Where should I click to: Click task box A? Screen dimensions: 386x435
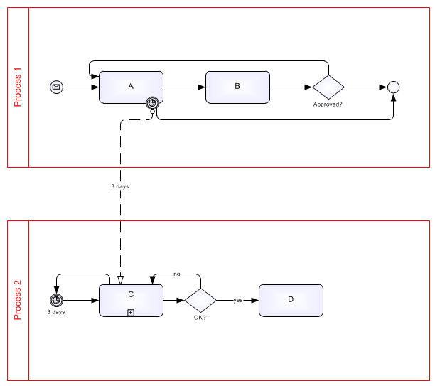[x=131, y=87]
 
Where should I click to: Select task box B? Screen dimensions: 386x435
[x=237, y=87]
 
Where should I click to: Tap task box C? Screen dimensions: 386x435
[x=131, y=299]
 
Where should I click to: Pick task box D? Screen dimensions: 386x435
[x=291, y=300]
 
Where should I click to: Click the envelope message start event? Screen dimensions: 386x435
[x=57, y=87]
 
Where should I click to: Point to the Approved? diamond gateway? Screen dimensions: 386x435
[x=328, y=87]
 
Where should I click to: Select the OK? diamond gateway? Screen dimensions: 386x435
[x=200, y=300]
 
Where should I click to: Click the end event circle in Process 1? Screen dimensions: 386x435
[x=393, y=87]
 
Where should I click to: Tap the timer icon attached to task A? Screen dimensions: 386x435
[x=152, y=103]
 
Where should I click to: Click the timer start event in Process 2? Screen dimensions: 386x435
[x=57, y=300]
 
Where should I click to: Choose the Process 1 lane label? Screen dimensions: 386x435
[x=18, y=87]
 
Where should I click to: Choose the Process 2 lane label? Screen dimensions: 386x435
[x=18, y=301]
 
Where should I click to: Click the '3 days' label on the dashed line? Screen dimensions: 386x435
[x=119, y=186]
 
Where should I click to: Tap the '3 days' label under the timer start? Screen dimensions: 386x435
[x=57, y=312]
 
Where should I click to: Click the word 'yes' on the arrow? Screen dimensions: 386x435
[x=237, y=300]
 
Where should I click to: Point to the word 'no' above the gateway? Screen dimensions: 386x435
[x=177, y=273]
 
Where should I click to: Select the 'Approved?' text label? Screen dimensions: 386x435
[x=328, y=104]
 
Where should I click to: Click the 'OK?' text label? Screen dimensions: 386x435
[x=200, y=317]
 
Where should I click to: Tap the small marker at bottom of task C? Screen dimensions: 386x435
[x=131, y=312]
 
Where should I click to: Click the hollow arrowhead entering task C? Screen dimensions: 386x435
[x=120, y=279]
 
